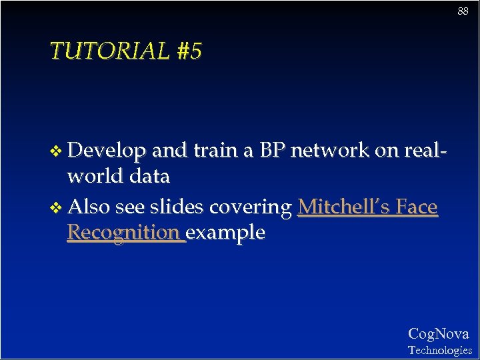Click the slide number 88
(x=463, y=11)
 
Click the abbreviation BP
(x=272, y=151)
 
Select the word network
(x=329, y=151)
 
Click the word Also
(x=89, y=207)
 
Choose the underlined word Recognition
(x=124, y=233)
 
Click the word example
(x=227, y=233)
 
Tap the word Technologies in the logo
(x=439, y=350)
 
